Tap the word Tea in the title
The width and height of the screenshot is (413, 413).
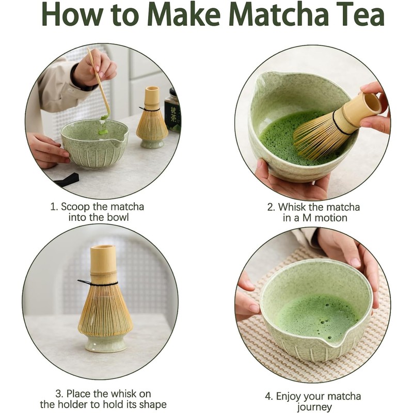click(x=361, y=14)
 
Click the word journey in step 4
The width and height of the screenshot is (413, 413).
click(x=314, y=407)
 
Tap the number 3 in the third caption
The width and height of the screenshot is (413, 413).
click(x=59, y=394)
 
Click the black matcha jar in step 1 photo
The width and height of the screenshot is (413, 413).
click(x=172, y=110)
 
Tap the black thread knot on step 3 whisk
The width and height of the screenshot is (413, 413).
click(x=84, y=282)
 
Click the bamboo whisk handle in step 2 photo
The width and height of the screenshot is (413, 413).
click(x=361, y=108)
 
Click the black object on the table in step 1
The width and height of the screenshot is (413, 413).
click(x=67, y=179)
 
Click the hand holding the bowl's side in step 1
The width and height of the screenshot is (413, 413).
click(x=47, y=151)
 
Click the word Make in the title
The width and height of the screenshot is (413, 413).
click(x=184, y=14)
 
